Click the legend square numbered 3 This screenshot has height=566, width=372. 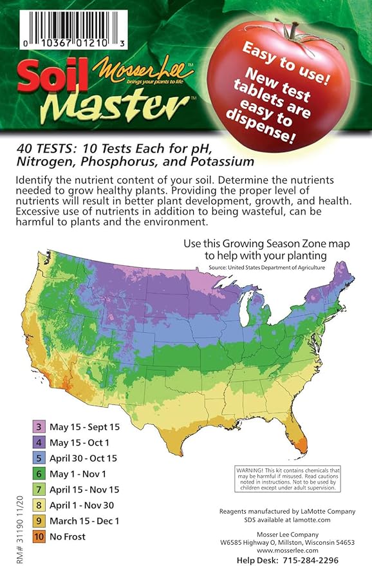pyautogui.click(x=39, y=427)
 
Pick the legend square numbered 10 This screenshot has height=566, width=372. pyautogui.click(x=39, y=536)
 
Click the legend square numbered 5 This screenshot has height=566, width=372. pyautogui.click(x=39, y=458)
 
